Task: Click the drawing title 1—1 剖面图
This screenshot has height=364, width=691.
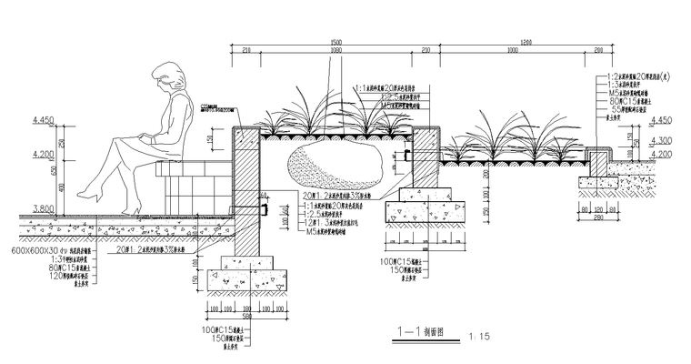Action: pos(406,335)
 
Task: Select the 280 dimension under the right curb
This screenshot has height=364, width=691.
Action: pos(597,218)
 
